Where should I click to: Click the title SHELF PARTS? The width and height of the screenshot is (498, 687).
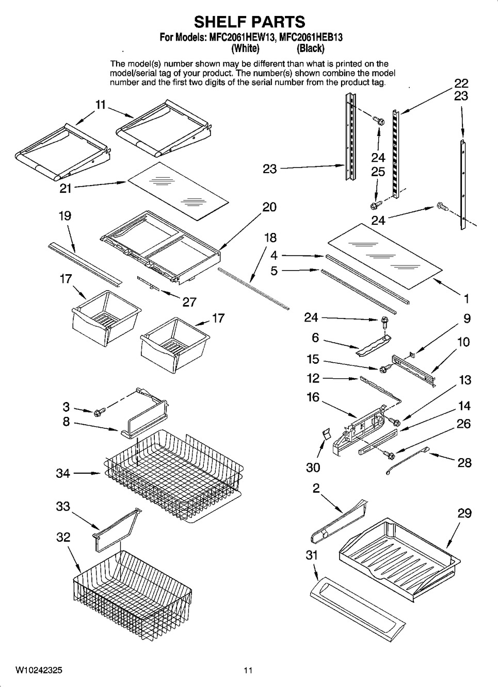pyautogui.click(x=249, y=22)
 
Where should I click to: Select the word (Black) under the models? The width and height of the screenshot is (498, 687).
pyautogui.click(x=311, y=48)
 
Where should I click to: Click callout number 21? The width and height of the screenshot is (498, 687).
pyautogui.click(x=66, y=189)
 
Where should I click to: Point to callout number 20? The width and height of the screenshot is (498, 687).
pyautogui.click(x=269, y=207)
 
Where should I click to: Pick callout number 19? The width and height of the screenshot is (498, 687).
pyautogui.click(x=65, y=216)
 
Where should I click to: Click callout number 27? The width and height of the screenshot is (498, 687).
pyautogui.click(x=189, y=301)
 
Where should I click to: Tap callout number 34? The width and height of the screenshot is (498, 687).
pyautogui.click(x=63, y=473)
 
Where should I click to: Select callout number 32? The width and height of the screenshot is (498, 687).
pyautogui.click(x=63, y=537)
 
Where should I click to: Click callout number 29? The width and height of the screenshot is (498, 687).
pyautogui.click(x=464, y=513)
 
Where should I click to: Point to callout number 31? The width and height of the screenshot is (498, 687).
pyautogui.click(x=312, y=556)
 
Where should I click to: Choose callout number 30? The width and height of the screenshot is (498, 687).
pyautogui.click(x=313, y=467)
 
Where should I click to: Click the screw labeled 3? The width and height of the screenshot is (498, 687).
pyautogui.click(x=99, y=411)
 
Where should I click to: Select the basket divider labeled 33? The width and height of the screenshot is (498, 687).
pyautogui.click(x=115, y=526)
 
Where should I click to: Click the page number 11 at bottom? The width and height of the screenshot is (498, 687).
pyautogui.click(x=248, y=671)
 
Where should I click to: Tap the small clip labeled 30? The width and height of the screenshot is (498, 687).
pyautogui.click(x=325, y=434)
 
